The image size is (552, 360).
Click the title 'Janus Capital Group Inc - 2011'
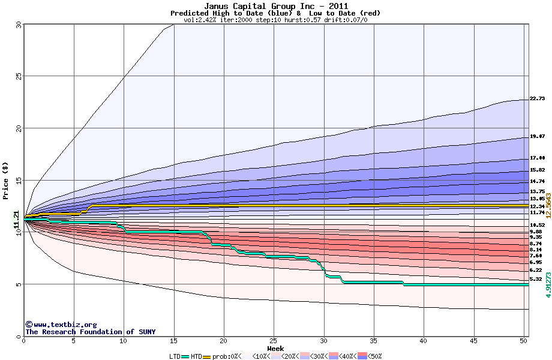(275, 6)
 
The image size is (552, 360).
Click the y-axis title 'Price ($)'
(6, 180)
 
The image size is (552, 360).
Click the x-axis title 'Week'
(275, 348)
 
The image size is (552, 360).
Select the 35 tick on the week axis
(373, 341)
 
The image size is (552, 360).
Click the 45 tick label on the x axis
(473, 341)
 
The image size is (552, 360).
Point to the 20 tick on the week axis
(223, 341)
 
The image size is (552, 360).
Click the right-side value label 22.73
(537, 99)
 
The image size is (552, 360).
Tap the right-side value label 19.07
(537, 137)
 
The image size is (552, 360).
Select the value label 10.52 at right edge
(537, 225)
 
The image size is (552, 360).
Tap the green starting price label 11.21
(17, 220)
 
